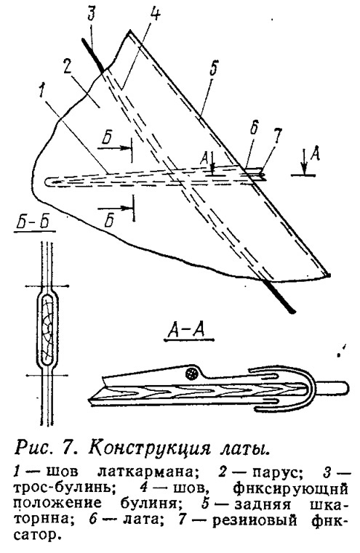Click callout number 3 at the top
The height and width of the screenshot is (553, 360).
tap(92, 16)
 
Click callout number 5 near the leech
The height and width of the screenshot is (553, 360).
tap(213, 70)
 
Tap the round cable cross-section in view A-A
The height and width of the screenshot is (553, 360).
tap(192, 374)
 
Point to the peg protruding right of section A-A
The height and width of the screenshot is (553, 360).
tap(334, 388)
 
